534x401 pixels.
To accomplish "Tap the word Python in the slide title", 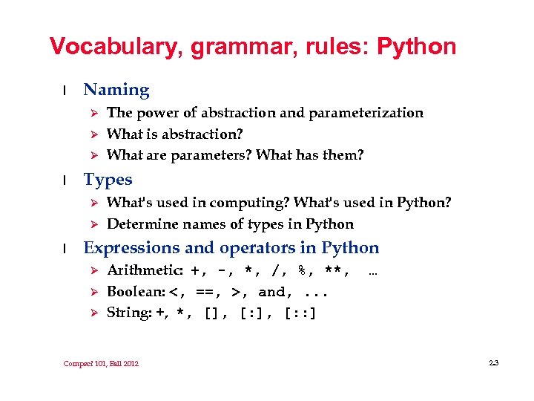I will pos(417,48).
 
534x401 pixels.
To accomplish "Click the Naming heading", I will pos(116,91).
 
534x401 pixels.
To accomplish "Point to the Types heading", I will pos(108,180).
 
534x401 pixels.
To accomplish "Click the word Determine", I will pos(139,224).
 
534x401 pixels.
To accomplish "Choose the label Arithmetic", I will pos(145,270).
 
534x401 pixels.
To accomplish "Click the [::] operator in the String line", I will pos(300,313).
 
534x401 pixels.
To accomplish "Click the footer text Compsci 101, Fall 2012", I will pos(101,363).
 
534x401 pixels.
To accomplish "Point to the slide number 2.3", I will pos(494,363).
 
